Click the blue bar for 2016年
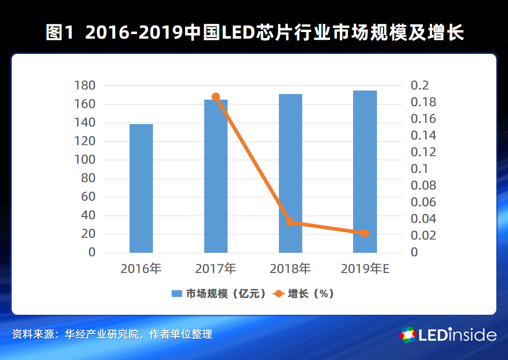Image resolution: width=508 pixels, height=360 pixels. point(141,188)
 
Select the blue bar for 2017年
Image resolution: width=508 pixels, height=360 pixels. point(216,176)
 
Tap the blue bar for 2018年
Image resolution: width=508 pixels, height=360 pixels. point(291,173)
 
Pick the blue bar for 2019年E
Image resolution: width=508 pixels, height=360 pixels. point(365,171)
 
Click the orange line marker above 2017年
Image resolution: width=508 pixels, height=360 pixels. point(216,97)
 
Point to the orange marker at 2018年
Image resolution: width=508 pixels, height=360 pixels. point(291,222)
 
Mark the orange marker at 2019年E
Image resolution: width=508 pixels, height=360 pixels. point(365,233)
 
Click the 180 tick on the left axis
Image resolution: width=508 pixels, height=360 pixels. point(85,85)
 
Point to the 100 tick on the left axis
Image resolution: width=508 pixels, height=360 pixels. point(85,160)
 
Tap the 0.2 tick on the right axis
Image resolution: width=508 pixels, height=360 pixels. point(420,85)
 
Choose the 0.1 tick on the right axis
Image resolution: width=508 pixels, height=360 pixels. point(420,168)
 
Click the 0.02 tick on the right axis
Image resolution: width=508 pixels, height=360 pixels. point(424,235)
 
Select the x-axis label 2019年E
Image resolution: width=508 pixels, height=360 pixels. point(365,268)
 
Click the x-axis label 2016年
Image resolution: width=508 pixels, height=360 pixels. point(141,268)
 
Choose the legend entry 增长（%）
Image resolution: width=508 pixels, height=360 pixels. point(304,294)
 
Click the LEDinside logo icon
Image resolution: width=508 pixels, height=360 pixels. point(408,335)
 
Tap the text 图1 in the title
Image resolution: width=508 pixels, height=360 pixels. point(60,34)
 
